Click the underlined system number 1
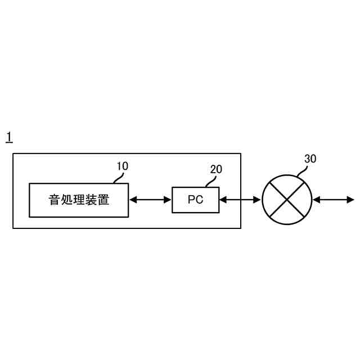(x=9, y=137)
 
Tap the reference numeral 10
(x=122, y=166)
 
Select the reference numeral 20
(x=216, y=169)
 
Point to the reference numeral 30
(x=310, y=159)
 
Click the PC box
(x=195, y=200)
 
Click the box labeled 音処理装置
(x=78, y=200)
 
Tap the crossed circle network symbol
(x=287, y=200)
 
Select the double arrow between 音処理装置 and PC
(x=150, y=200)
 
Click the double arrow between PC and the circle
(x=240, y=200)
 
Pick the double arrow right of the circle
(x=334, y=200)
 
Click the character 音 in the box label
(x=54, y=200)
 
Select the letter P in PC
(x=191, y=200)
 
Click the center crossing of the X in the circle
(x=287, y=200)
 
